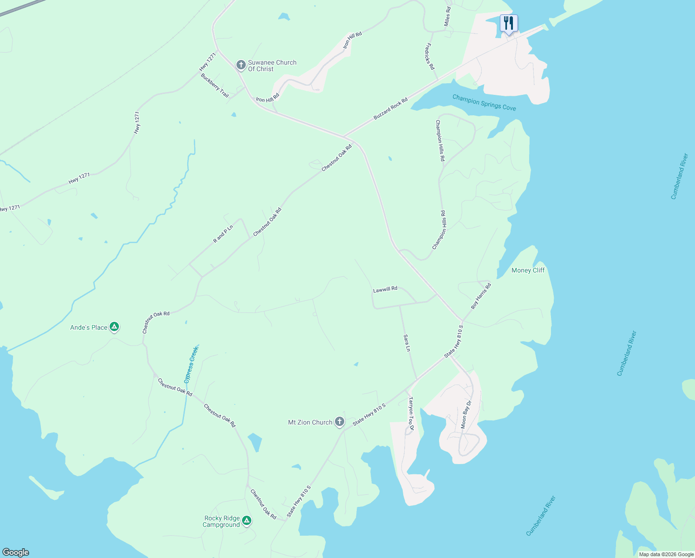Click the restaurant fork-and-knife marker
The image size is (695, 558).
click(509, 23)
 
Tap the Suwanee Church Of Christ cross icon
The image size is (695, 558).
click(241, 65)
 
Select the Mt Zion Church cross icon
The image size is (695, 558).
click(340, 422)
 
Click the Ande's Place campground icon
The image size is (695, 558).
click(114, 327)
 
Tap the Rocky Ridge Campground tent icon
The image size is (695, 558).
click(247, 521)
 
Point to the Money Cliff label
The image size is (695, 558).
click(528, 270)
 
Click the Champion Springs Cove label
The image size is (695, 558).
click(484, 102)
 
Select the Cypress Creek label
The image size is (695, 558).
click(191, 365)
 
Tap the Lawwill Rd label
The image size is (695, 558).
click(385, 289)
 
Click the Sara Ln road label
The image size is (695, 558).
click(407, 343)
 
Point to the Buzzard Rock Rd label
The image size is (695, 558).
click(390, 109)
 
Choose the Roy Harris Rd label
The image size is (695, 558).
click(481, 296)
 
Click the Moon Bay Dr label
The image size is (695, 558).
click(466, 414)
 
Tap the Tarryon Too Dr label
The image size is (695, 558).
click(411, 413)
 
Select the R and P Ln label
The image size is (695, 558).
click(223, 232)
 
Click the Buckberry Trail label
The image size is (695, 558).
click(215, 85)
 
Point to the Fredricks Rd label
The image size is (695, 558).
click(430, 57)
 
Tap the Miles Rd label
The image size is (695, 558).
click(447, 16)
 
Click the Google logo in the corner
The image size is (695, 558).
click(16, 552)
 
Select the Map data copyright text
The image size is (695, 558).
click(666, 554)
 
